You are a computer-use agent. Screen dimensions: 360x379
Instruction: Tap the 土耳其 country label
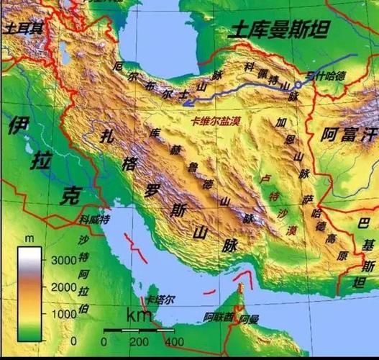click(x=24, y=28)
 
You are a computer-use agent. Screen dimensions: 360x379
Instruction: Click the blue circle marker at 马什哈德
click(x=298, y=85)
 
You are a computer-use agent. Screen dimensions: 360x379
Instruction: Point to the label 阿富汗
click(x=349, y=134)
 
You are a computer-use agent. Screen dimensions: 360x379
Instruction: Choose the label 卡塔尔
click(x=160, y=299)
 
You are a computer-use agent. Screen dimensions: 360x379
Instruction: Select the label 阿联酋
click(x=218, y=316)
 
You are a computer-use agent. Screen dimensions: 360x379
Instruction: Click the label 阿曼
click(x=249, y=318)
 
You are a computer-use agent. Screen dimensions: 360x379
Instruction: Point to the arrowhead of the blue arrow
click(x=186, y=103)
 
